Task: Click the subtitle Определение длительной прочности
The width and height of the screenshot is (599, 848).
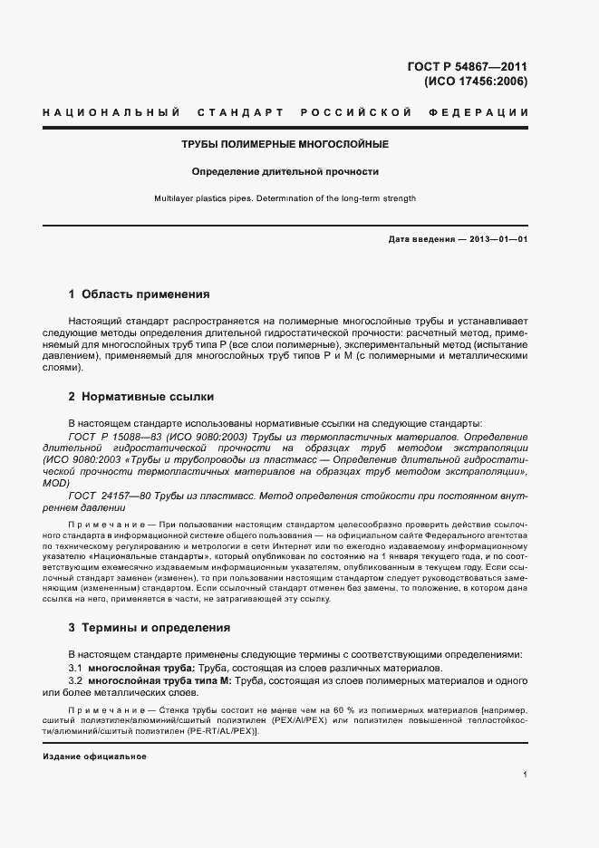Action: pyautogui.click(x=285, y=171)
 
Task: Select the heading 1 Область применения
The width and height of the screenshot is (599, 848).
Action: pyautogui.click(x=139, y=294)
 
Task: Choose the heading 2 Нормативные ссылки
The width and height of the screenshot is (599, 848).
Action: pyautogui.click(x=141, y=397)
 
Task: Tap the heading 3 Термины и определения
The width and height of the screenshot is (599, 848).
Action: pyautogui.click(x=150, y=627)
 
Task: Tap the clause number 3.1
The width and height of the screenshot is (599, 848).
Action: pyautogui.click(x=76, y=667)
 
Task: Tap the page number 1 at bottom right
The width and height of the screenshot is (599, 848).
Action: pyautogui.click(x=526, y=775)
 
